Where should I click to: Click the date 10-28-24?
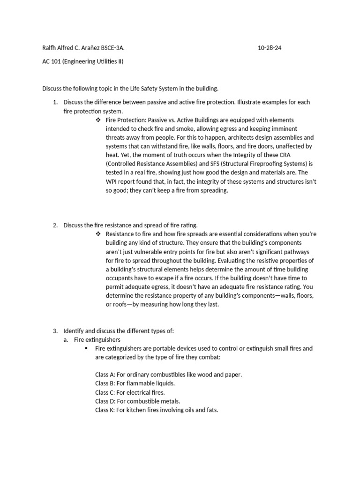coord(270,48)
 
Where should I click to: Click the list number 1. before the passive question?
coord(55,102)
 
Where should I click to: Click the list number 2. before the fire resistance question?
coord(55,225)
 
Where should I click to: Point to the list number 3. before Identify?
coord(55,331)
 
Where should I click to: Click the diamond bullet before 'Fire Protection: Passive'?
coord(98,120)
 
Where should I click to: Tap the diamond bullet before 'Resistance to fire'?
coord(98,234)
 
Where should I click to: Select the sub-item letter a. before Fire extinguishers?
coord(66,340)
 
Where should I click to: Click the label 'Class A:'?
coord(105,375)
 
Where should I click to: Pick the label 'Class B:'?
coord(105,383)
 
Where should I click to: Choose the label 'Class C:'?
coord(105,392)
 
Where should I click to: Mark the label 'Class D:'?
coord(105,401)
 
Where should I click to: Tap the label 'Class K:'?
coord(105,410)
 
